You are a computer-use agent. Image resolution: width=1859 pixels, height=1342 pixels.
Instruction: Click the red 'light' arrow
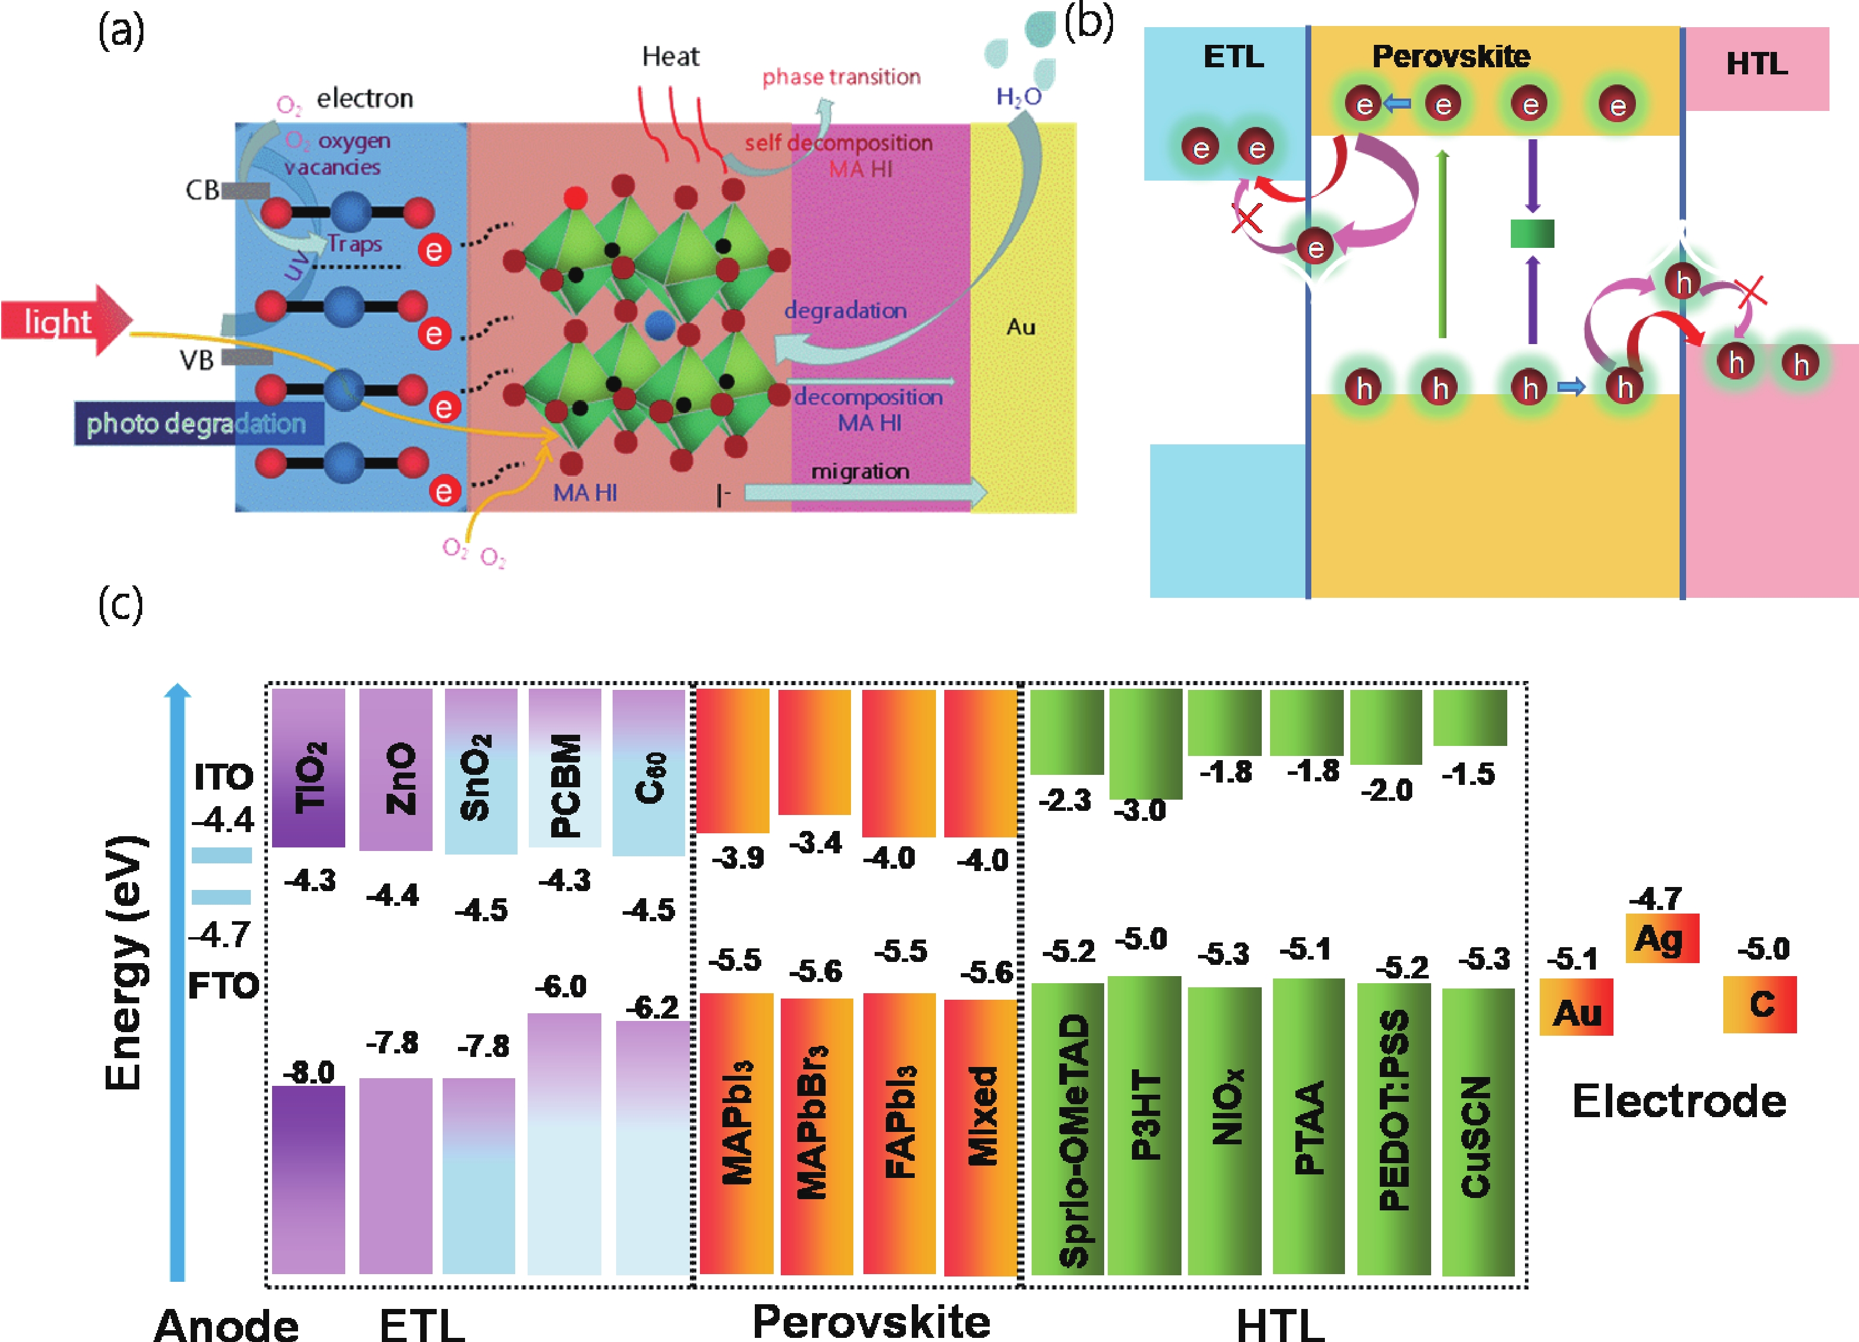(66, 320)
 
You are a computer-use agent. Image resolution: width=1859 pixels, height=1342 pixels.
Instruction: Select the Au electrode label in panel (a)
(1020, 327)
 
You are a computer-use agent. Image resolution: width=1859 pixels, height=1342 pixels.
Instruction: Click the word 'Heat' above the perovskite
(670, 57)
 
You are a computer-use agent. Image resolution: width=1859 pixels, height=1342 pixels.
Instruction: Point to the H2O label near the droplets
(1019, 97)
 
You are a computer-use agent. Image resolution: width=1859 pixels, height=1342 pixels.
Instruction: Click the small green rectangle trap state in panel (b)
(1532, 234)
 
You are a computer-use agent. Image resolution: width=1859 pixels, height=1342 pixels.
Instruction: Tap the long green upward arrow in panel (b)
(1442, 244)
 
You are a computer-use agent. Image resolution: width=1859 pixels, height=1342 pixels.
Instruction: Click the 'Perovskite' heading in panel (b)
(1451, 55)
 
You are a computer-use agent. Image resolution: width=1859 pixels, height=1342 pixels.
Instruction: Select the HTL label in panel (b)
(1756, 64)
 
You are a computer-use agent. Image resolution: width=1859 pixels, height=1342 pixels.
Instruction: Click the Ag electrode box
(1662, 938)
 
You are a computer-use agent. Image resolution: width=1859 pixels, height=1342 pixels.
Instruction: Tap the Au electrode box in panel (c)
(1576, 1007)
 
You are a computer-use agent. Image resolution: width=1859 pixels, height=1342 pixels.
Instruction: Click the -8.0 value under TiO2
(309, 1072)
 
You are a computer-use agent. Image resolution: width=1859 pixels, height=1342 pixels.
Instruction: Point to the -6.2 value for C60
(653, 1007)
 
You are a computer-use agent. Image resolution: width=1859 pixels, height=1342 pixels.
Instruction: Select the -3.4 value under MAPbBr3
(816, 842)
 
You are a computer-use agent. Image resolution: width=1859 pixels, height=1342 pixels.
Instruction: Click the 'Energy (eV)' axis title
(125, 963)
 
